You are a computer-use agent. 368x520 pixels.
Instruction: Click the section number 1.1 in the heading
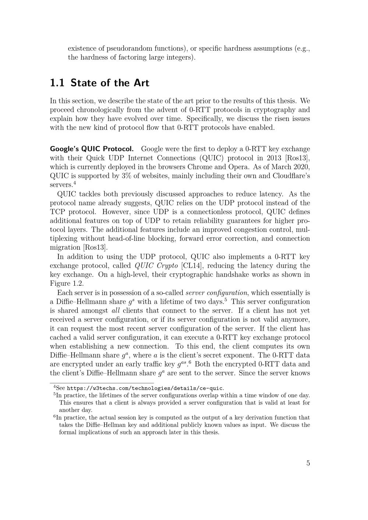[57, 83]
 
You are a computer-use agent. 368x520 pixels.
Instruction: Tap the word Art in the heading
[140, 83]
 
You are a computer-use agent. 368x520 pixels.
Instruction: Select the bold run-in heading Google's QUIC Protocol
[92, 149]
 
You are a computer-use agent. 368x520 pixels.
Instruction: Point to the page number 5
[308, 463]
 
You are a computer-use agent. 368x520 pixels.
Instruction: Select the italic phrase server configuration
[216, 293]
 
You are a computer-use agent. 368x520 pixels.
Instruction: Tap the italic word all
[116, 311]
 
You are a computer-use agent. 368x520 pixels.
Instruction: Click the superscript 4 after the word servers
[74, 183]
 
